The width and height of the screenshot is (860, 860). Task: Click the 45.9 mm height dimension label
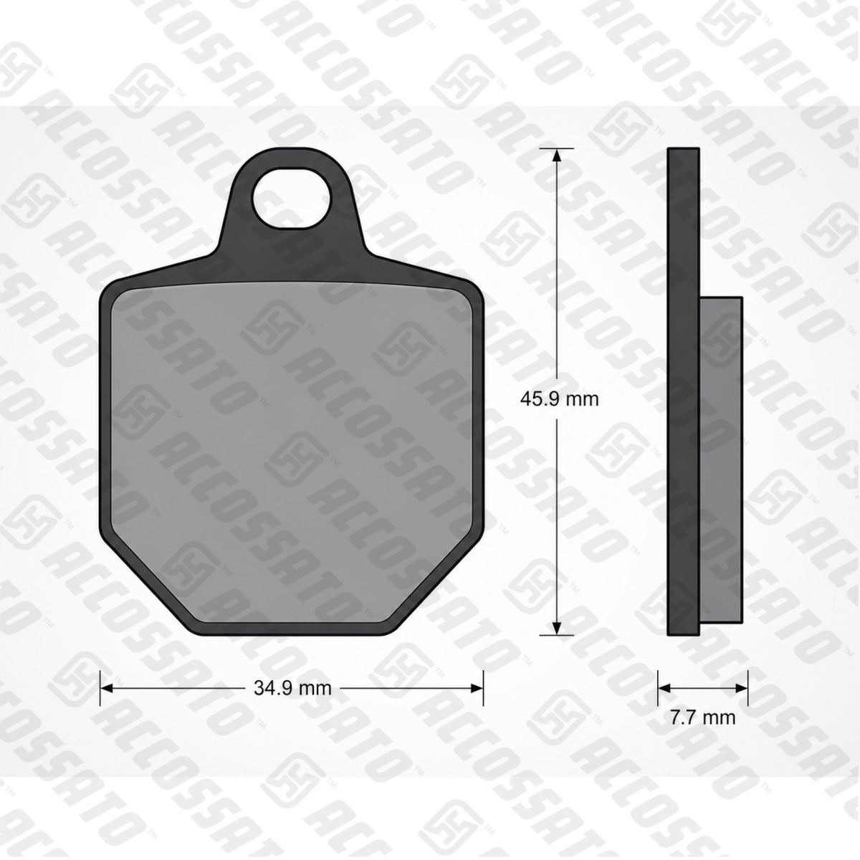559,399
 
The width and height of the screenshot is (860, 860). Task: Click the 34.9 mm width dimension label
292,688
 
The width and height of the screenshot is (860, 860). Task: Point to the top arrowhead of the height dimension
557,156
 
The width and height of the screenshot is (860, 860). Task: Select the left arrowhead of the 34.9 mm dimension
107,689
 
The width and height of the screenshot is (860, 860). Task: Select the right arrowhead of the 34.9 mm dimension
476,689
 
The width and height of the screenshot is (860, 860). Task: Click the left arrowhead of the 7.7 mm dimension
665,689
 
